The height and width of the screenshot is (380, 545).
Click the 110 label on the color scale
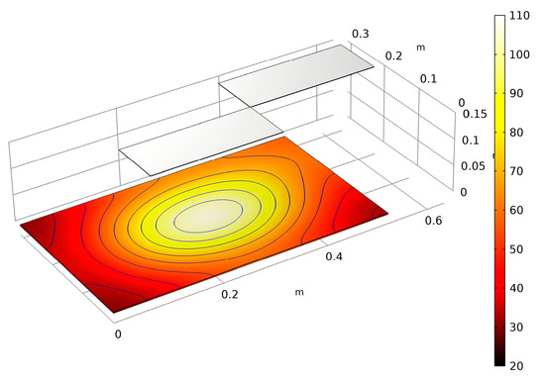[519, 16]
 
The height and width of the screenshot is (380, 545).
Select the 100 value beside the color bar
[519, 54]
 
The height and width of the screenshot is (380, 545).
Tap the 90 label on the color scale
[516, 93]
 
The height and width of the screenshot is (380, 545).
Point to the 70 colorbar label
[516, 171]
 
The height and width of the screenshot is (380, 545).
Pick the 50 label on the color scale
[516, 249]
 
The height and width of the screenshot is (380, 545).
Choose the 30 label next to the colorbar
[516, 327]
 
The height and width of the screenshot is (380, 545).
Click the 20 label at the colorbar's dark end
[516, 366]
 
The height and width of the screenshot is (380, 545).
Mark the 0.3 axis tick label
[361, 34]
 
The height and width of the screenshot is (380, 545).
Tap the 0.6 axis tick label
[433, 221]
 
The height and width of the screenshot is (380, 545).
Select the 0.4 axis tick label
[334, 256]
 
